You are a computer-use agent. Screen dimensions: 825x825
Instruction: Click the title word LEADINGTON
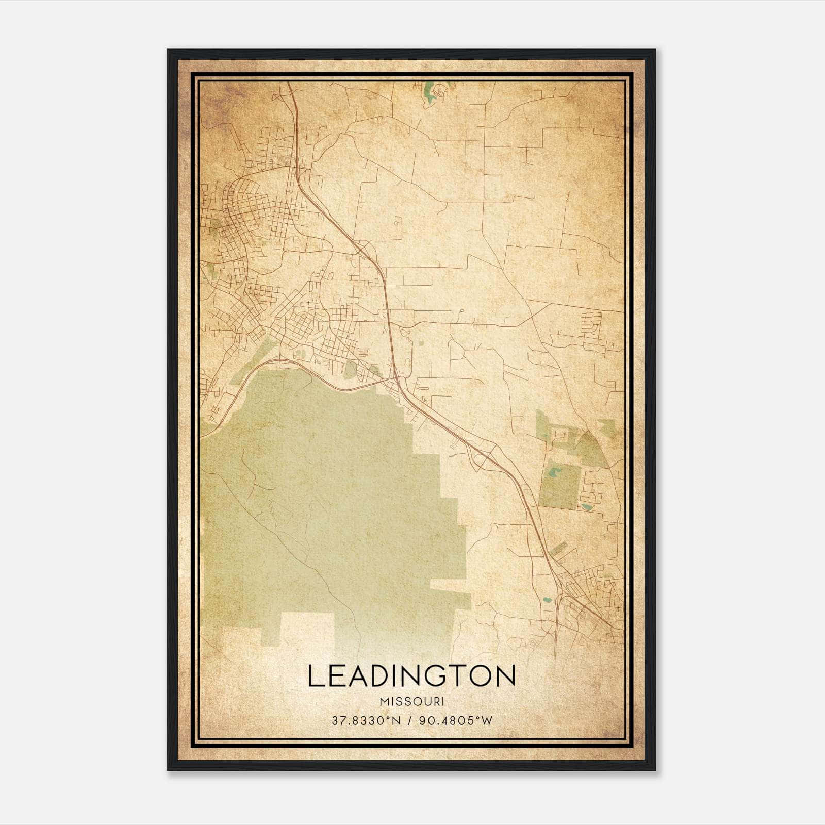click(x=411, y=676)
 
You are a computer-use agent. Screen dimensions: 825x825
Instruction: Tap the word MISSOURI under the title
click(x=411, y=702)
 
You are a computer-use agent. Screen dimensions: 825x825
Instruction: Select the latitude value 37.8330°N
click(x=366, y=720)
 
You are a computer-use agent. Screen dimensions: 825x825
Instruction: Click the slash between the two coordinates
click(x=410, y=720)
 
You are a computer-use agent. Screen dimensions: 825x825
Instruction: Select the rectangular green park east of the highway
click(x=558, y=482)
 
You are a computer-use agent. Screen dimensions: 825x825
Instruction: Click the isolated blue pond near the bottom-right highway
click(x=546, y=600)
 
